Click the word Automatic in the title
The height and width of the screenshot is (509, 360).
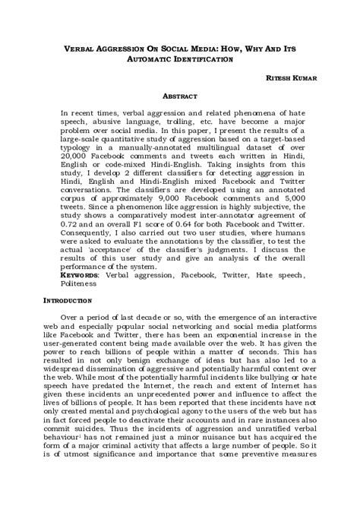coord(150,58)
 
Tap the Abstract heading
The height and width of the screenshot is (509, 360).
coord(180,97)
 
